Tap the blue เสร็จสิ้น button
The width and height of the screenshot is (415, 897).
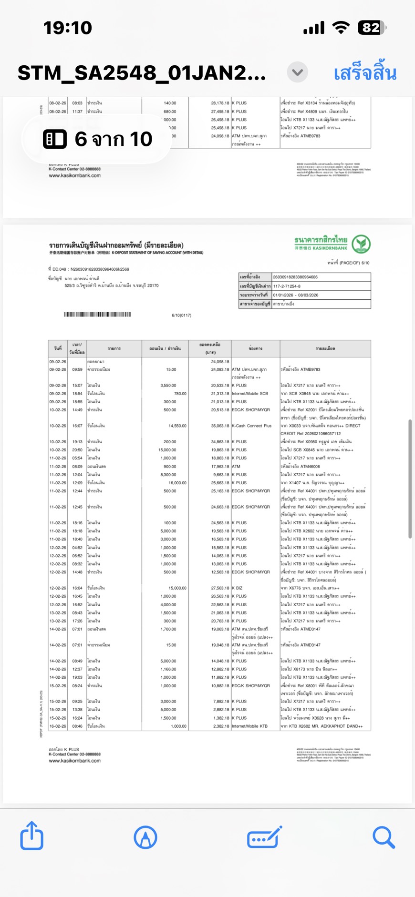tap(365, 73)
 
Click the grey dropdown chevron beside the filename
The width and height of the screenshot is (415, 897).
tap(297, 72)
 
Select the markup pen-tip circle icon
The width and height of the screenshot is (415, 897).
tap(145, 837)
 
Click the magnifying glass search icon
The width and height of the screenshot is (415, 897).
tap(384, 837)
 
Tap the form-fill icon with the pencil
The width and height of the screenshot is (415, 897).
tap(264, 837)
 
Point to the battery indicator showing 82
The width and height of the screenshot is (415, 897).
tap(372, 28)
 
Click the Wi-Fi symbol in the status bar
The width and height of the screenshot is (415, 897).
tap(341, 28)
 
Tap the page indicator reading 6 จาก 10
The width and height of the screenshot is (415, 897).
tap(98, 139)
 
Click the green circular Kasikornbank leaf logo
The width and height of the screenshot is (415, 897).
tap(361, 244)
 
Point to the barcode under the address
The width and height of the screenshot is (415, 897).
tap(97, 315)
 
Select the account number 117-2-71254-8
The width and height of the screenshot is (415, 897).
tap(287, 286)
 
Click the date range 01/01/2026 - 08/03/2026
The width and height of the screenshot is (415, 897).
tap(295, 295)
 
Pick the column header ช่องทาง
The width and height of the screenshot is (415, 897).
tap(255, 349)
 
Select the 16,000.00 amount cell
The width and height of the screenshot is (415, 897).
tap(177, 483)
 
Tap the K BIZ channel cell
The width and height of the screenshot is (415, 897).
tap(237, 588)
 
